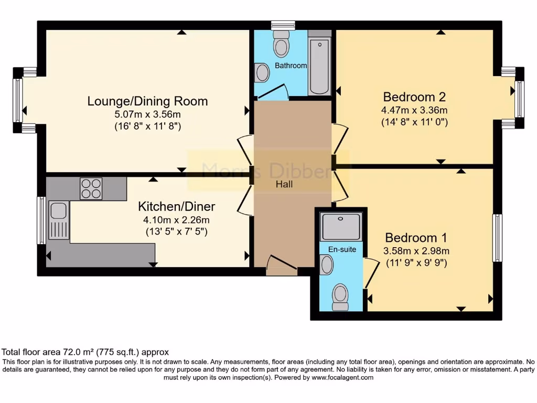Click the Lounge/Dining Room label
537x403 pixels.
coord(147,101)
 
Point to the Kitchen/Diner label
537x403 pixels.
coord(176,206)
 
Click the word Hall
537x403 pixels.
coord(285,184)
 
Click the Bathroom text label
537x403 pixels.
coord(291,66)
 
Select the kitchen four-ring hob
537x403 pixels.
coord(91,189)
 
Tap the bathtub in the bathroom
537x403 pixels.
coord(319,66)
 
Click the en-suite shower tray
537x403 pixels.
coord(341,226)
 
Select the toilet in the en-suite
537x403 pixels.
coord(340,298)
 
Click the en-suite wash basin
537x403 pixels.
coord(326,264)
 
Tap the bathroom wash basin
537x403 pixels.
coord(261,73)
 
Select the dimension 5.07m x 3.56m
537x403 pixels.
coord(147,114)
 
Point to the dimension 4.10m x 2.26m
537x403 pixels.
coord(176,220)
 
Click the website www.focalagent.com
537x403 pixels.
coord(342,377)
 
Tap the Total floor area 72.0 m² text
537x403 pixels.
coord(85,352)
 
